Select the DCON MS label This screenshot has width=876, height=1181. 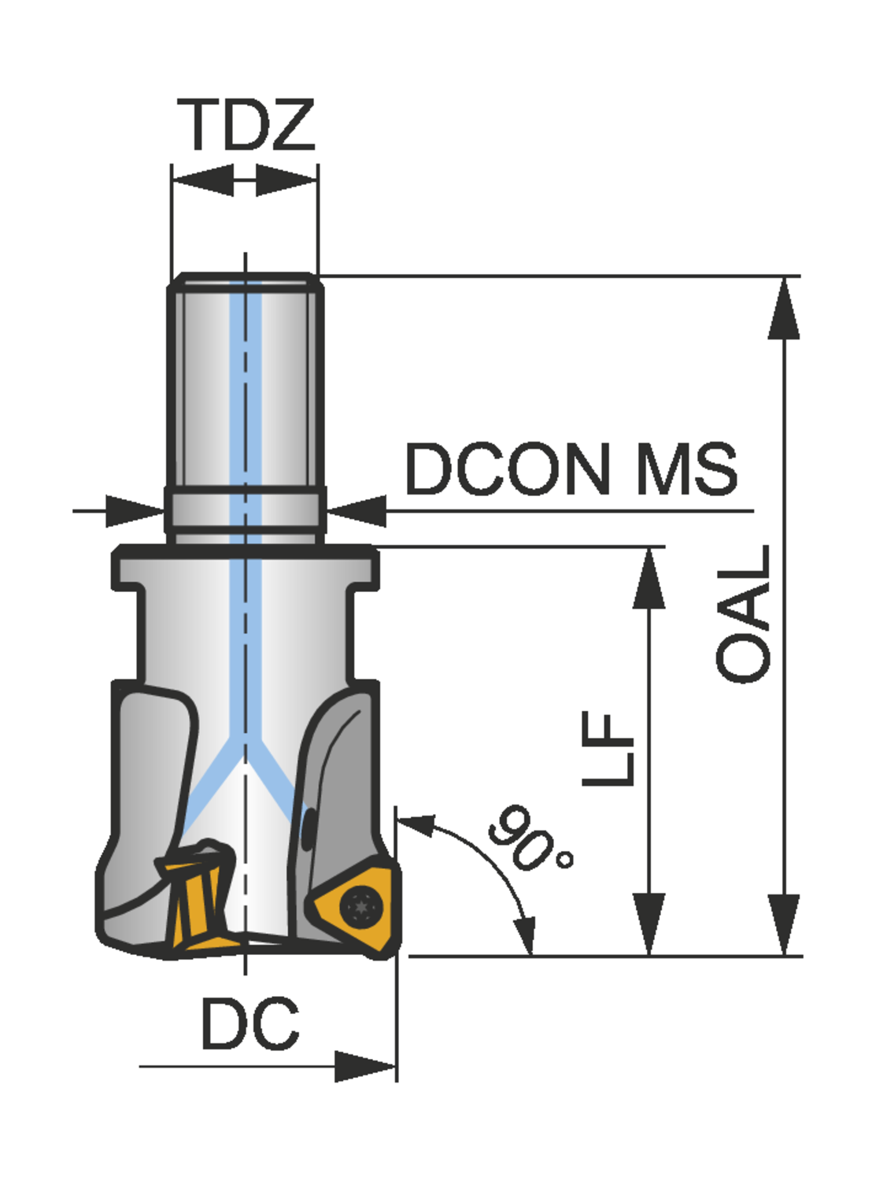[x=571, y=469]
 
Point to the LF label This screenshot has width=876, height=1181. [x=608, y=748]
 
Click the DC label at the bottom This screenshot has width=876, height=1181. [x=250, y=1024]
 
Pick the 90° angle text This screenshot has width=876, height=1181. [x=529, y=839]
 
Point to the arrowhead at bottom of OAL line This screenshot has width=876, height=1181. [x=784, y=925]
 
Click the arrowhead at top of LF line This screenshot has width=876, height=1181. [x=649, y=579]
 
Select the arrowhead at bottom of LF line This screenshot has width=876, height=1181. [x=649, y=925]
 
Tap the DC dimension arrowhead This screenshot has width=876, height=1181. [x=366, y=1067]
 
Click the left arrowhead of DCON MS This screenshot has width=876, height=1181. [x=134, y=511]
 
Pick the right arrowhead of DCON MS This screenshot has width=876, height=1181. [x=357, y=511]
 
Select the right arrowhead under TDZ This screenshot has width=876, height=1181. [x=286, y=180]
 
